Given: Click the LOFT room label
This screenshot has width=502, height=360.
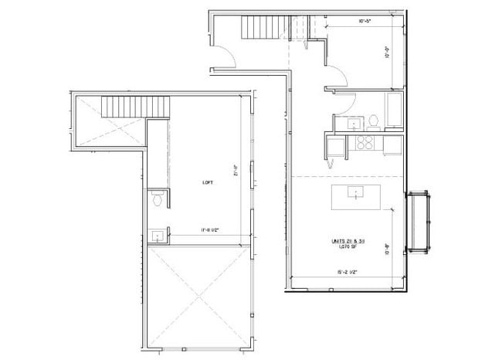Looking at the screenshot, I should [208, 182].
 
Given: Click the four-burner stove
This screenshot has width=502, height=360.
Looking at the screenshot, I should [363, 142].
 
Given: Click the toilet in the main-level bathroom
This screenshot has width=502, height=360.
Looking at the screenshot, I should [372, 121].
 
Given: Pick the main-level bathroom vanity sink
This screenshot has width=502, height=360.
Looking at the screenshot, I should [355, 122].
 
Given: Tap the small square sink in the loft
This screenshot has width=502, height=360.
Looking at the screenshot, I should [157, 236].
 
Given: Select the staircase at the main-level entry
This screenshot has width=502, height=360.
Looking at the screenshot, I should [261, 29].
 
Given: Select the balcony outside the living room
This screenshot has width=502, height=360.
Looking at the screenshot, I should [420, 220].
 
